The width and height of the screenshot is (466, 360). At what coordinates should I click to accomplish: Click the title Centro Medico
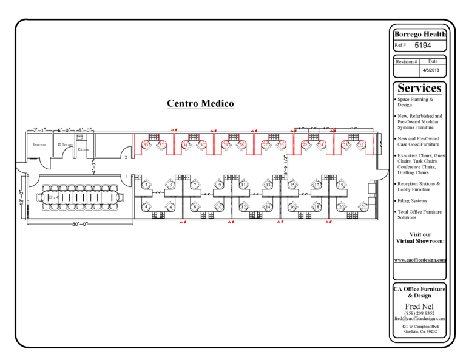(200, 104)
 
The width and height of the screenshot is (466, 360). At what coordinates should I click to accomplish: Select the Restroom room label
(39, 144)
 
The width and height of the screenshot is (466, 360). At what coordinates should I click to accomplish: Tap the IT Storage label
(64, 144)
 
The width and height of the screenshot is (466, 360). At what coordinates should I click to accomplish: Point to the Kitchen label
(84, 149)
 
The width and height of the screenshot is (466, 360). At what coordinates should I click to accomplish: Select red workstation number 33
(146, 144)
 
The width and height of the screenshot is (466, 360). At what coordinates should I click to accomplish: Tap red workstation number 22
(362, 144)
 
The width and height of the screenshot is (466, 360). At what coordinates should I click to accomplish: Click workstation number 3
(146, 185)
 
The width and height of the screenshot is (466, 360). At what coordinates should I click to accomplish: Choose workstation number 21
(363, 207)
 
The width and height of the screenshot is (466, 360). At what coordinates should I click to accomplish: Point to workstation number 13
(268, 185)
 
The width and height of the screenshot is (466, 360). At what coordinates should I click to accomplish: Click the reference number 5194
(423, 46)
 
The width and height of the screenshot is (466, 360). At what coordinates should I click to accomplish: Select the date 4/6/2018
(433, 70)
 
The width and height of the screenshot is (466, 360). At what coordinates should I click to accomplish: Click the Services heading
(419, 88)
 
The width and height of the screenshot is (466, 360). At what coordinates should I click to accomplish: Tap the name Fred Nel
(419, 305)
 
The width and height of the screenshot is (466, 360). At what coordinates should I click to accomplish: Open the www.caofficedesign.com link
(420, 260)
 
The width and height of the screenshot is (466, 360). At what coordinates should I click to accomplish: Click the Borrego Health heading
(420, 35)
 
